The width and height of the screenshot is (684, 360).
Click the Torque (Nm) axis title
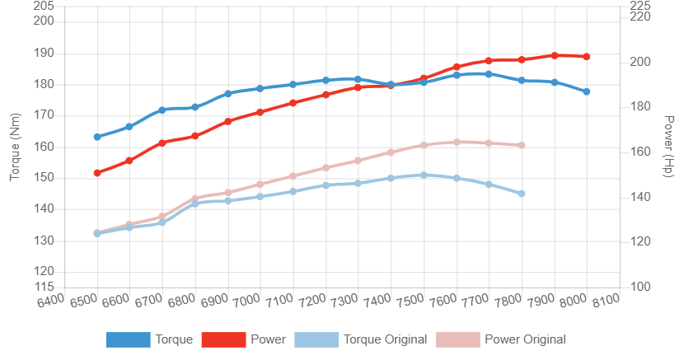pos(13,149)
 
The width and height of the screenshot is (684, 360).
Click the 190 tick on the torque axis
pos(44,53)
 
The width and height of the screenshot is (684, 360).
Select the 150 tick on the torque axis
pos(44,177)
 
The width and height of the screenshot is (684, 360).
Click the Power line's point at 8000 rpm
pos(587,57)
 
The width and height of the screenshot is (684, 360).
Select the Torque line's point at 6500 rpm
pos(96,137)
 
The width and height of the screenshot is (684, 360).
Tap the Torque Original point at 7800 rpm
pos(522,194)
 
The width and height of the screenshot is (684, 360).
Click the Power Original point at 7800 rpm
pos(522,145)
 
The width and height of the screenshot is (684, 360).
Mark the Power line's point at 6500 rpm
pos(96,173)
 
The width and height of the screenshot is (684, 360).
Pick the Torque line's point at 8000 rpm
pos(587,91)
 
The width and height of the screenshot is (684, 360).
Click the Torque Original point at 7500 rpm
pos(424,175)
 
